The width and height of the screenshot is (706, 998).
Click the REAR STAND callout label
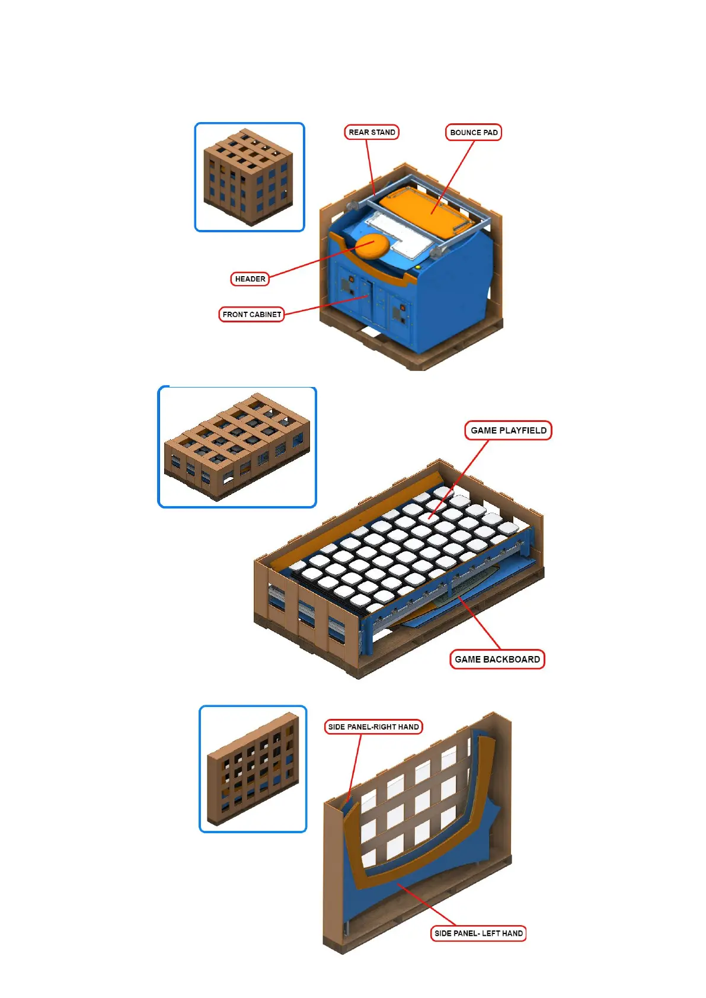[372, 132]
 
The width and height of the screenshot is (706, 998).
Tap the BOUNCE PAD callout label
[473, 132]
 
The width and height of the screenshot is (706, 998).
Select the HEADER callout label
[250, 279]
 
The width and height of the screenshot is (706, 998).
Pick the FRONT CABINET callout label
[251, 314]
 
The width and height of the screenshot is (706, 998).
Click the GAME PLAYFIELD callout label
[508, 430]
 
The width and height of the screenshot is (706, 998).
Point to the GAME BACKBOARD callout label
[497, 659]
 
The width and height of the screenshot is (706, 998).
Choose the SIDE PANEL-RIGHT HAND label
[373, 727]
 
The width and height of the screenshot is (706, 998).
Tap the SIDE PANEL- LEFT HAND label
[478, 933]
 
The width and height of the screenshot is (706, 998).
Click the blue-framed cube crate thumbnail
[250, 177]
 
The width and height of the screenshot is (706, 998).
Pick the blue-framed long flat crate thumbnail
[237, 447]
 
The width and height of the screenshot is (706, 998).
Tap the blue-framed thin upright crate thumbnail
[253, 769]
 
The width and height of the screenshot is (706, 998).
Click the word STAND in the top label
[383, 132]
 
